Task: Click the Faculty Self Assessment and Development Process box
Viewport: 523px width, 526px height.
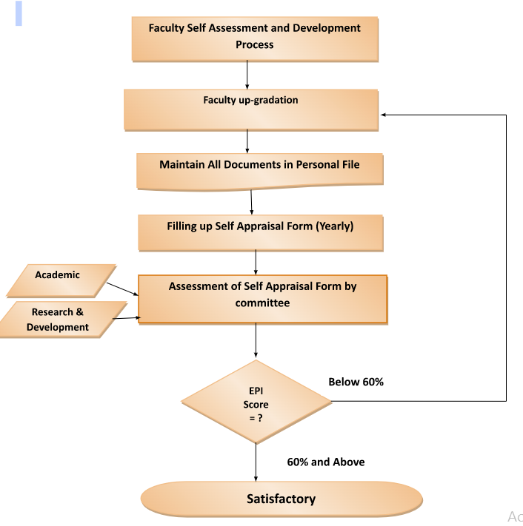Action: pyautogui.click(x=255, y=37)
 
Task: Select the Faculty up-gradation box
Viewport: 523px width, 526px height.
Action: pyautogui.click(x=251, y=109)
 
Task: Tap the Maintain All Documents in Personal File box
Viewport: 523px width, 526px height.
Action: pyautogui.click(x=259, y=170)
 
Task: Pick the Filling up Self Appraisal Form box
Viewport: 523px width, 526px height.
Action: pyautogui.click(x=260, y=232)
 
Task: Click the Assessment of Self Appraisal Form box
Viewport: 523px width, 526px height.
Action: pyautogui.click(x=262, y=299)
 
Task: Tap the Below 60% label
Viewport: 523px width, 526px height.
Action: pyautogui.click(x=356, y=382)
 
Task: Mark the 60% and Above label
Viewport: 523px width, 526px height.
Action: pyautogui.click(x=326, y=462)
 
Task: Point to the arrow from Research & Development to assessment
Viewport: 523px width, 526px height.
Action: pyautogui.click(x=125, y=319)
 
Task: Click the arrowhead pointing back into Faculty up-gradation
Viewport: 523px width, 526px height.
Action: pyautogui.click(x=383, y=115)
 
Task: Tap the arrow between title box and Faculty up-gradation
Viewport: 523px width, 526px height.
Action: pyautogui.click(x=247, y=75)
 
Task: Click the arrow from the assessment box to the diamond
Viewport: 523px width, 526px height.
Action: pyautogui.click(x=256, y=343)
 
